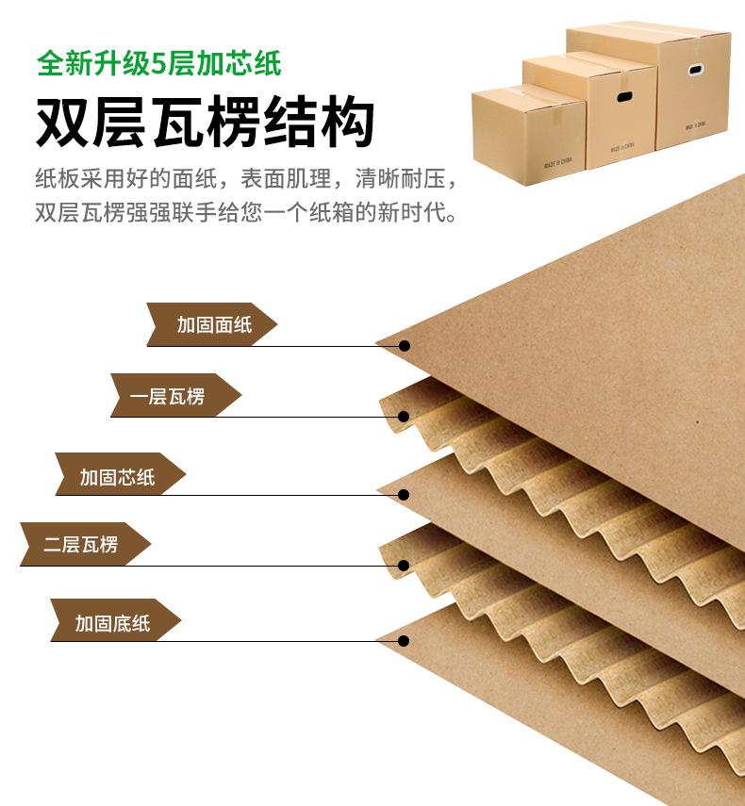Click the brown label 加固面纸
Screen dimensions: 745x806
point(213,324)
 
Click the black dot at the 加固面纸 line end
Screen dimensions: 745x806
point(405,346)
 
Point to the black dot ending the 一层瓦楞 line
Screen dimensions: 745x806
point(404,416)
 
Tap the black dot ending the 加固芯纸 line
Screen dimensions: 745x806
point(404,495)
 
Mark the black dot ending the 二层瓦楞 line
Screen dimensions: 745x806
point(404,566)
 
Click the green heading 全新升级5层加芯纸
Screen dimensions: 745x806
point(158,65)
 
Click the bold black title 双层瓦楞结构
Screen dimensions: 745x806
point(206,123)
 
